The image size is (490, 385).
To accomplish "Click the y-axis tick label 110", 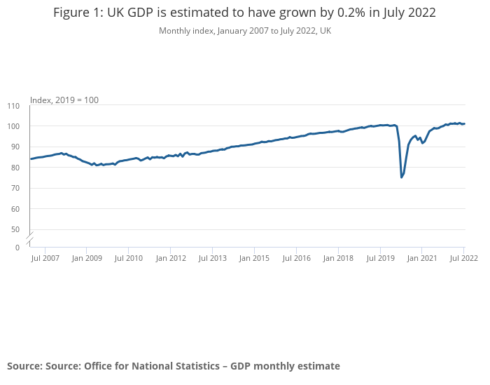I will click(x=14, y=106).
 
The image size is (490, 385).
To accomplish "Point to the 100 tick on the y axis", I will click(x=14, y=126).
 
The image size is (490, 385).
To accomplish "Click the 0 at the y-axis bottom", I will click(x=17, y=247).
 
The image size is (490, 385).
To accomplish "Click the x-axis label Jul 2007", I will click(x=45, y=258).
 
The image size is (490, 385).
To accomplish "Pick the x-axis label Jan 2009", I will click(x=87, y=258).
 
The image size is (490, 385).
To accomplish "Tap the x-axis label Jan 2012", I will click(x=171, y=258).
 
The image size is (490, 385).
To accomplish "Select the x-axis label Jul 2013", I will click(x=213, y=258).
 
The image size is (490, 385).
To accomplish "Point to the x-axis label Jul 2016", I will click(x=297, y=258).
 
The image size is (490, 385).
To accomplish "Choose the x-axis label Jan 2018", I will click(x=339, y=258).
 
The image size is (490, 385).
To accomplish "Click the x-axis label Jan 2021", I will click(x=423, y=258).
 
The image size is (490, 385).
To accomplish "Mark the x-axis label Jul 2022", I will click(x=463, y=258).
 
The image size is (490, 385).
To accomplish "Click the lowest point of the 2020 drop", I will click(x=401, y=177).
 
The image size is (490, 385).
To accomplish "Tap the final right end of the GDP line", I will click(x=464, y=124).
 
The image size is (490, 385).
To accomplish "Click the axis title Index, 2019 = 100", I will click(x=64, y=100).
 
